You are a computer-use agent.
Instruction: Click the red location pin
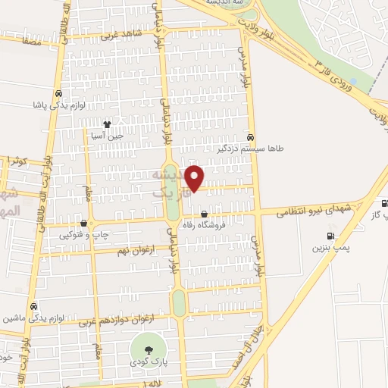[x=196, y=178]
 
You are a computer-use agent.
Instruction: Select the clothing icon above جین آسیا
[x=107, y=124]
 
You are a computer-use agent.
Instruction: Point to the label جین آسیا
[x=107, y=136]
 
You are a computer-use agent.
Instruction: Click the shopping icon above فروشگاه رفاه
[x=204, y=214]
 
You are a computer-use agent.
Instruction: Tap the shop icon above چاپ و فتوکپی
[x=83, y=224]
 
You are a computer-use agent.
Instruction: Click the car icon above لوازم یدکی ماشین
[x=34, y=306]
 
